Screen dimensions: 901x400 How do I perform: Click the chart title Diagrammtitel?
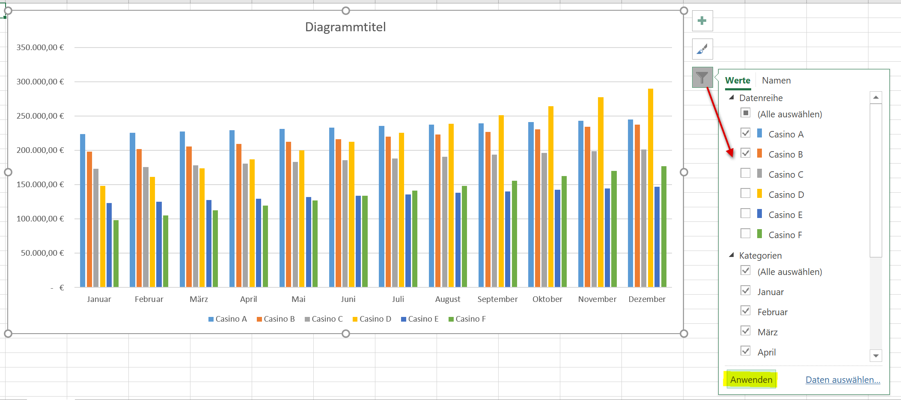(x=345, y=27)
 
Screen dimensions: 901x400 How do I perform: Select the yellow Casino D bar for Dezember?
(x=651, y=188)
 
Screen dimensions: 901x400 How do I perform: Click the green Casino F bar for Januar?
(x=116, y=254)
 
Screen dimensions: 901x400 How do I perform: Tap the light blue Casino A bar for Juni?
(x=332, y=207)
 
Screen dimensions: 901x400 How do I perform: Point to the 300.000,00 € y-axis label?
(x=40, y=81)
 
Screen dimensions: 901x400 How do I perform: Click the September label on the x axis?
(x=497, y=299)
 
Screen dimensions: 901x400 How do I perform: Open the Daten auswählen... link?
(x=843, y=379)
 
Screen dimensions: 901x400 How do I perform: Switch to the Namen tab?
(x=776, y=80)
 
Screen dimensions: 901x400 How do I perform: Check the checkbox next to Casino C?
(x=746, y=173)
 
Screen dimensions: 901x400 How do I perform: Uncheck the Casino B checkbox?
(x=746, y=153)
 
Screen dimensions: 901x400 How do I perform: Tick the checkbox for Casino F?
(x=746, y=233)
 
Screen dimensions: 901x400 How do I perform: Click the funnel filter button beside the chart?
(x=702, y=78)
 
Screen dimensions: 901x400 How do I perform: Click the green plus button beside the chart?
(x=702, y=21)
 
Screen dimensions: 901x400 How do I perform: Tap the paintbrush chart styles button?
(x=702, y=49)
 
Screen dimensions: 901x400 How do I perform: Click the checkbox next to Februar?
(x=746, y=310)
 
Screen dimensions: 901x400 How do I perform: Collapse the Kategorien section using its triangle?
(x=732, y=255)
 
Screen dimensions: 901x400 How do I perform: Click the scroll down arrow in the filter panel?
(x=876, y=355)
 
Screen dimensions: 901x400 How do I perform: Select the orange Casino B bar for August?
(x=438, y=211)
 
